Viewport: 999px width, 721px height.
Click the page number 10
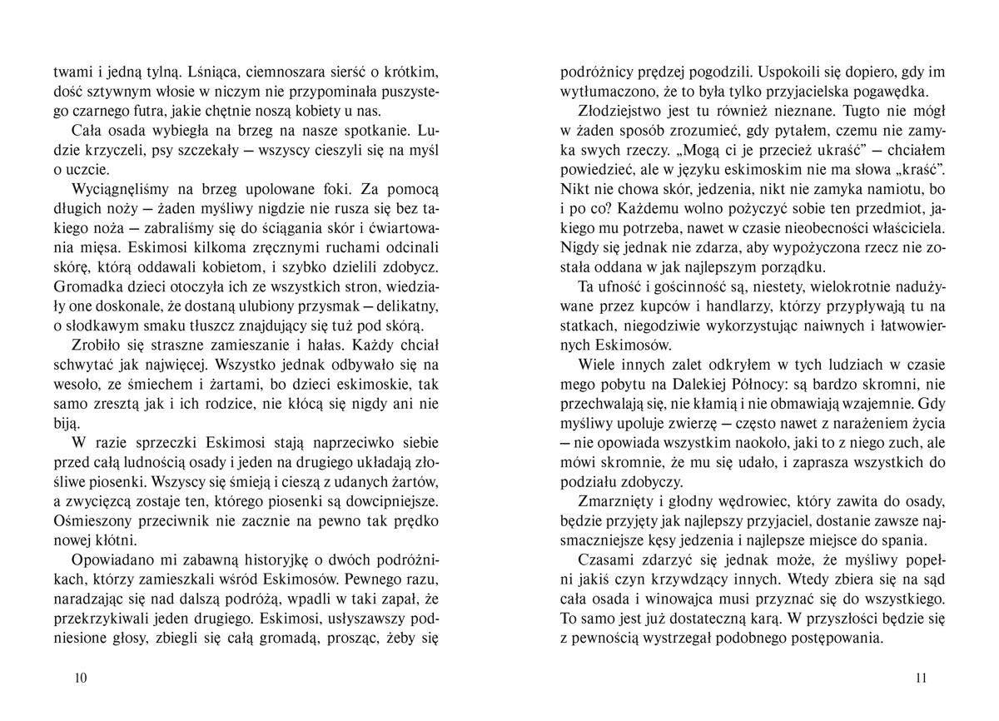(81, 678)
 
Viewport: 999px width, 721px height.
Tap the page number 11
(920, 678)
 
